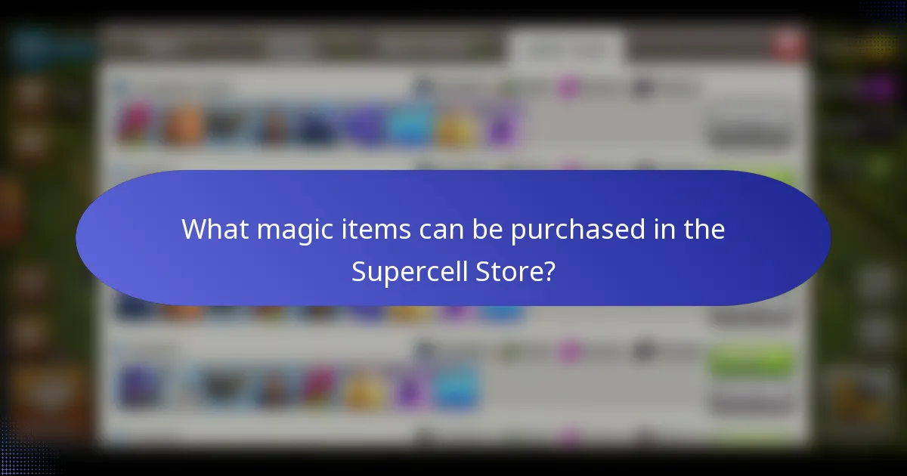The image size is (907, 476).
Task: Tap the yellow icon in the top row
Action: coord(457,127)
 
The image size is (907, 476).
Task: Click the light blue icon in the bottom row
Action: coord(455,387)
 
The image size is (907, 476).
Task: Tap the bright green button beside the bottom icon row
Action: coord(751,364)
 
